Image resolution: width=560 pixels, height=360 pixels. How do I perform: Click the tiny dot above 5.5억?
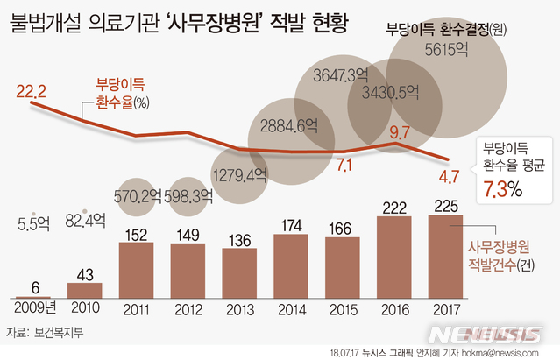click(32, 213)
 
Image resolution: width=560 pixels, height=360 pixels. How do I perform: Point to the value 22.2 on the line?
click(30, 89)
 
